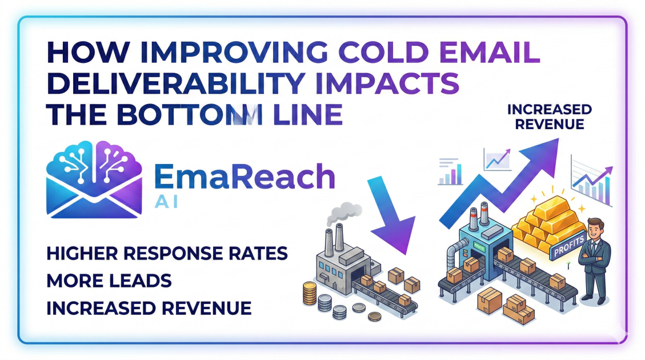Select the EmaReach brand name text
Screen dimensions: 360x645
pos(245,177)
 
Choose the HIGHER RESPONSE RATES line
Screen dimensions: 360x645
pos(166,253)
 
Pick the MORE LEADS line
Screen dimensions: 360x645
pos(109,281)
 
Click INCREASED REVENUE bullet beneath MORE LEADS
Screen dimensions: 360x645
pos(149,308)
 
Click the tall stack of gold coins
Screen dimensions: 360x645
pos(309,294)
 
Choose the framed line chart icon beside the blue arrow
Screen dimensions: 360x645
pos(497,159)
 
